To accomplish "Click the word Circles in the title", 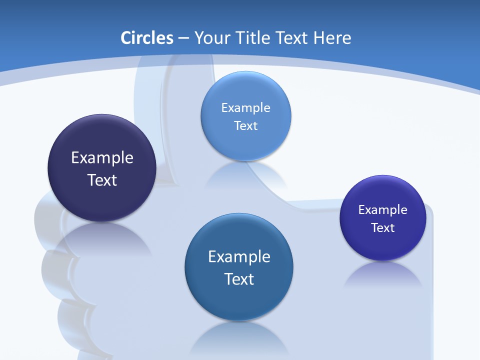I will (x=147, y=38).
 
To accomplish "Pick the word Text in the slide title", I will (x=292, y=38).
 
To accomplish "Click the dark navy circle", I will (x=102, y=168).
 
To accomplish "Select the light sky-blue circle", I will (x=245, y=116).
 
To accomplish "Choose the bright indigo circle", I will (x=383, y=218).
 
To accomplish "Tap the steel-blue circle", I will (x=239, y=267).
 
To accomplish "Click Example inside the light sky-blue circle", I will (x=245, y=107).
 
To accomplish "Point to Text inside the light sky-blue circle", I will (x=245, y=125).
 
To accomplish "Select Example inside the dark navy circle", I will (x=102, y=158).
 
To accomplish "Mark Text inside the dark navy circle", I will (x=102, y=180).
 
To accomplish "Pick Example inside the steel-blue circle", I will (x=239, y=257).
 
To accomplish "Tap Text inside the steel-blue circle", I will (x=239, y=279).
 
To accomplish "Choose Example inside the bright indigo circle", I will (x=383, y=209).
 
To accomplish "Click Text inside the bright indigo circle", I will (x=383, y=228).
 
